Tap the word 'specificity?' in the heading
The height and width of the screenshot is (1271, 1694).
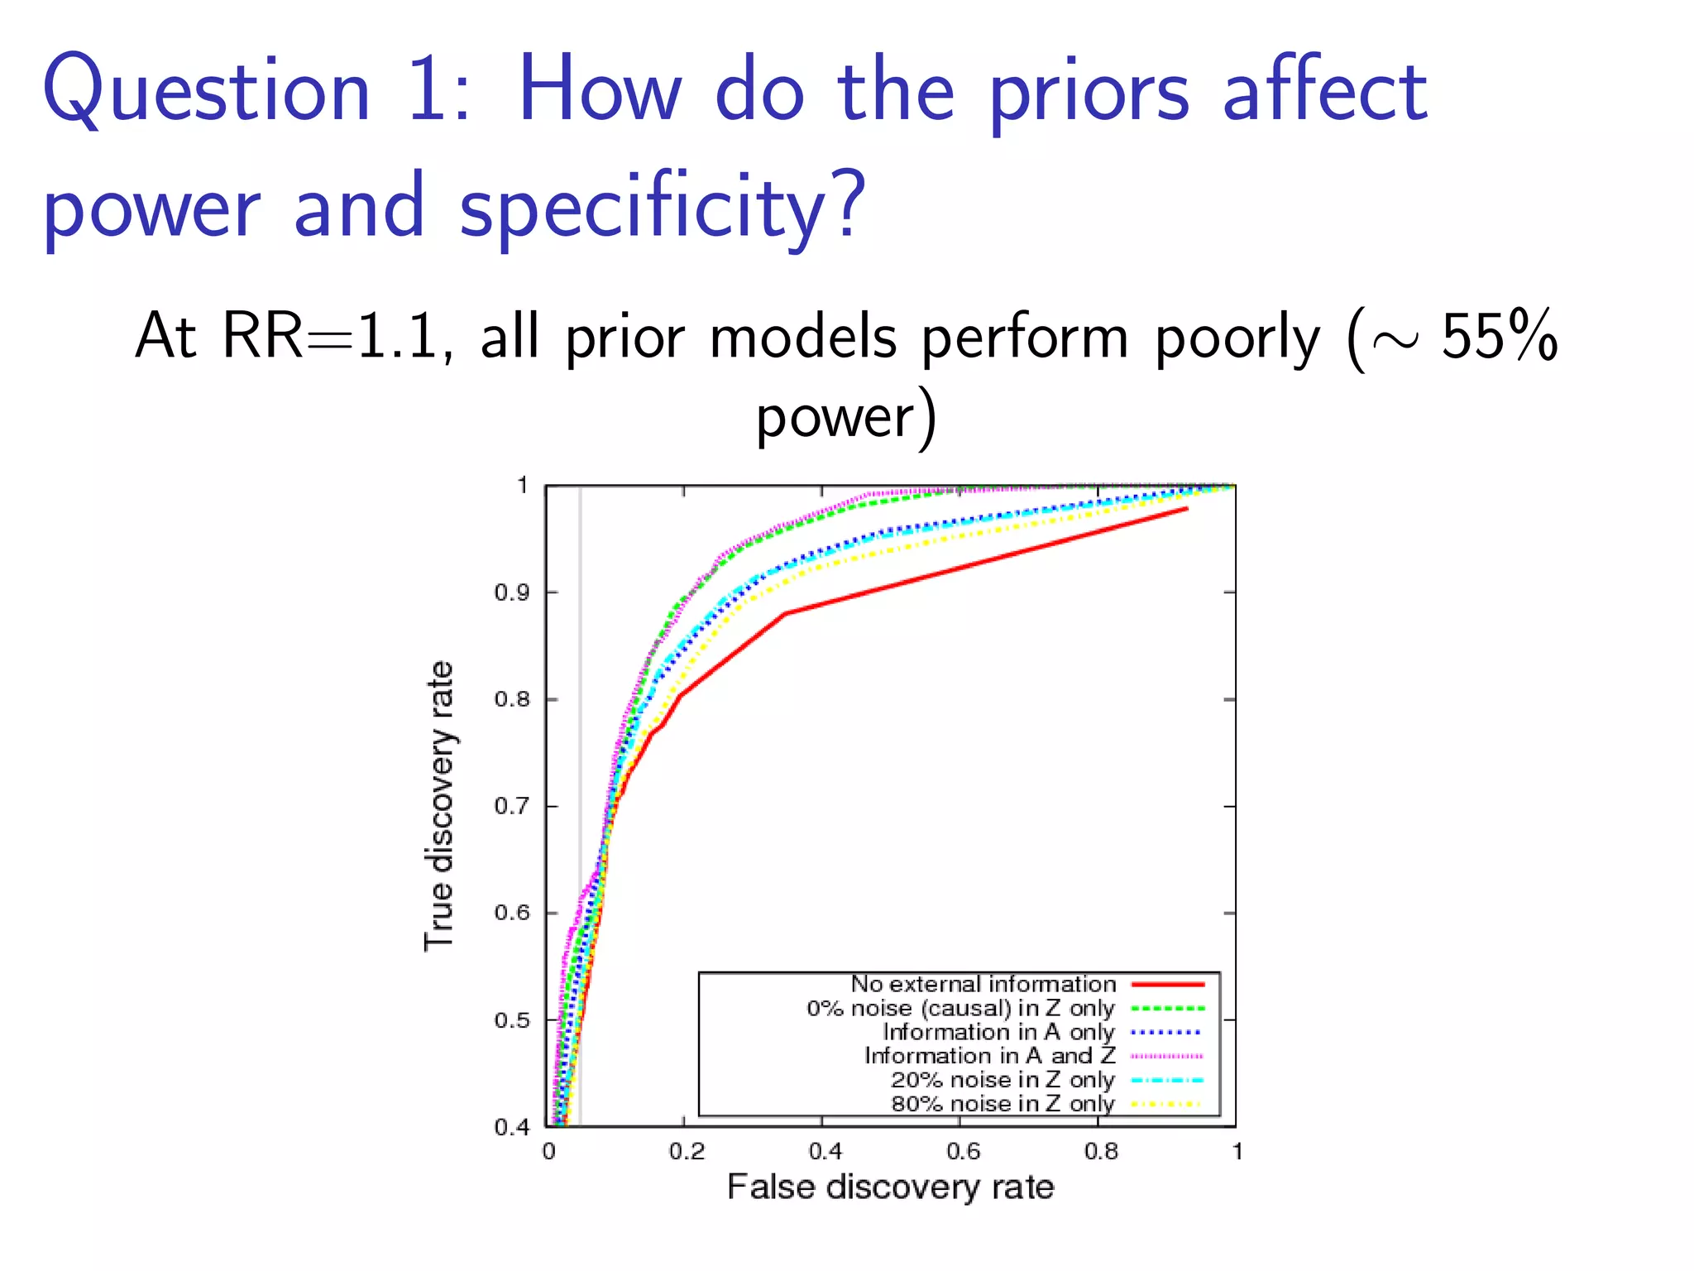pos(662,207)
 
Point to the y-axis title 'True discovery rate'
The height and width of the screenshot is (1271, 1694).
pos(439,806)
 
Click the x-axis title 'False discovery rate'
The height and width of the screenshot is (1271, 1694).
pos(890,1187)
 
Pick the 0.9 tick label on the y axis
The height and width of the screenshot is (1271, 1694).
pos(511,592)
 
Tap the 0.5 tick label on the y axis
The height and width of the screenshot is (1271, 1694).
pos(511,1020)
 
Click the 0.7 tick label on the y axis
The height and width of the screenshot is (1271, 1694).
pos(511,806)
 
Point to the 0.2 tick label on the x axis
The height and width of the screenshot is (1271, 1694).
pos(687,1151)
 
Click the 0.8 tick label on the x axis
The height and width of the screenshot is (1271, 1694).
pos(1101,1151)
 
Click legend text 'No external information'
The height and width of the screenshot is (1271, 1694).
pos(983,984)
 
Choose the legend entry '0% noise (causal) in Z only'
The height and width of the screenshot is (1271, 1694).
pos(960,1008)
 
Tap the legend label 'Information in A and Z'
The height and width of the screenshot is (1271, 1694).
pos(989,1056)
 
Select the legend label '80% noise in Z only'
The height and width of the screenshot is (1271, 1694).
pos(1003,1104)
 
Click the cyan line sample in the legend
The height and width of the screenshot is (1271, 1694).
pos(1167,1080)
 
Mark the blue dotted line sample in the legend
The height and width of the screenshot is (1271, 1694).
pos(1167,1032)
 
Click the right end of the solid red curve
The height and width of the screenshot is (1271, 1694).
pos(1187,509)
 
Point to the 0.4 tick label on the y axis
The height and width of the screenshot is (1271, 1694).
pos(511,1127)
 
